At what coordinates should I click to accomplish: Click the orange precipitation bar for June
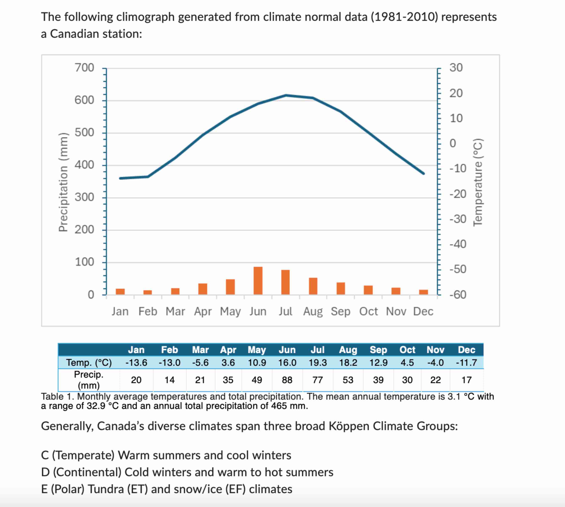click(258, 281)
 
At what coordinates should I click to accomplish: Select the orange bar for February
click(148, 292)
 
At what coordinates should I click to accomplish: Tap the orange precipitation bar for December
click(423, 292)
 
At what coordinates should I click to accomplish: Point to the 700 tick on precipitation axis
click(84, 68)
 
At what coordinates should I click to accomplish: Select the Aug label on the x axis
click(313, 311)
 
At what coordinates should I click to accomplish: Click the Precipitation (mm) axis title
click(63, 182)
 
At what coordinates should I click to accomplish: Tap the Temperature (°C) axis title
click(478, 182)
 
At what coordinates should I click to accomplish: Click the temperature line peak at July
click(286, 95)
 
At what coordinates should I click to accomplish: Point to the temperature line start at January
click(120, 178)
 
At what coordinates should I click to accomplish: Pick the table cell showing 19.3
click(318, 363)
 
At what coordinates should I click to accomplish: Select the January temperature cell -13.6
click(136, 363)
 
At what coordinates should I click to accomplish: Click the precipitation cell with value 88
click(287, 380)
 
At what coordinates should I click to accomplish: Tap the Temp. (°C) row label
click(89, 363)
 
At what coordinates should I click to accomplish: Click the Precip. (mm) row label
click(89, 380)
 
